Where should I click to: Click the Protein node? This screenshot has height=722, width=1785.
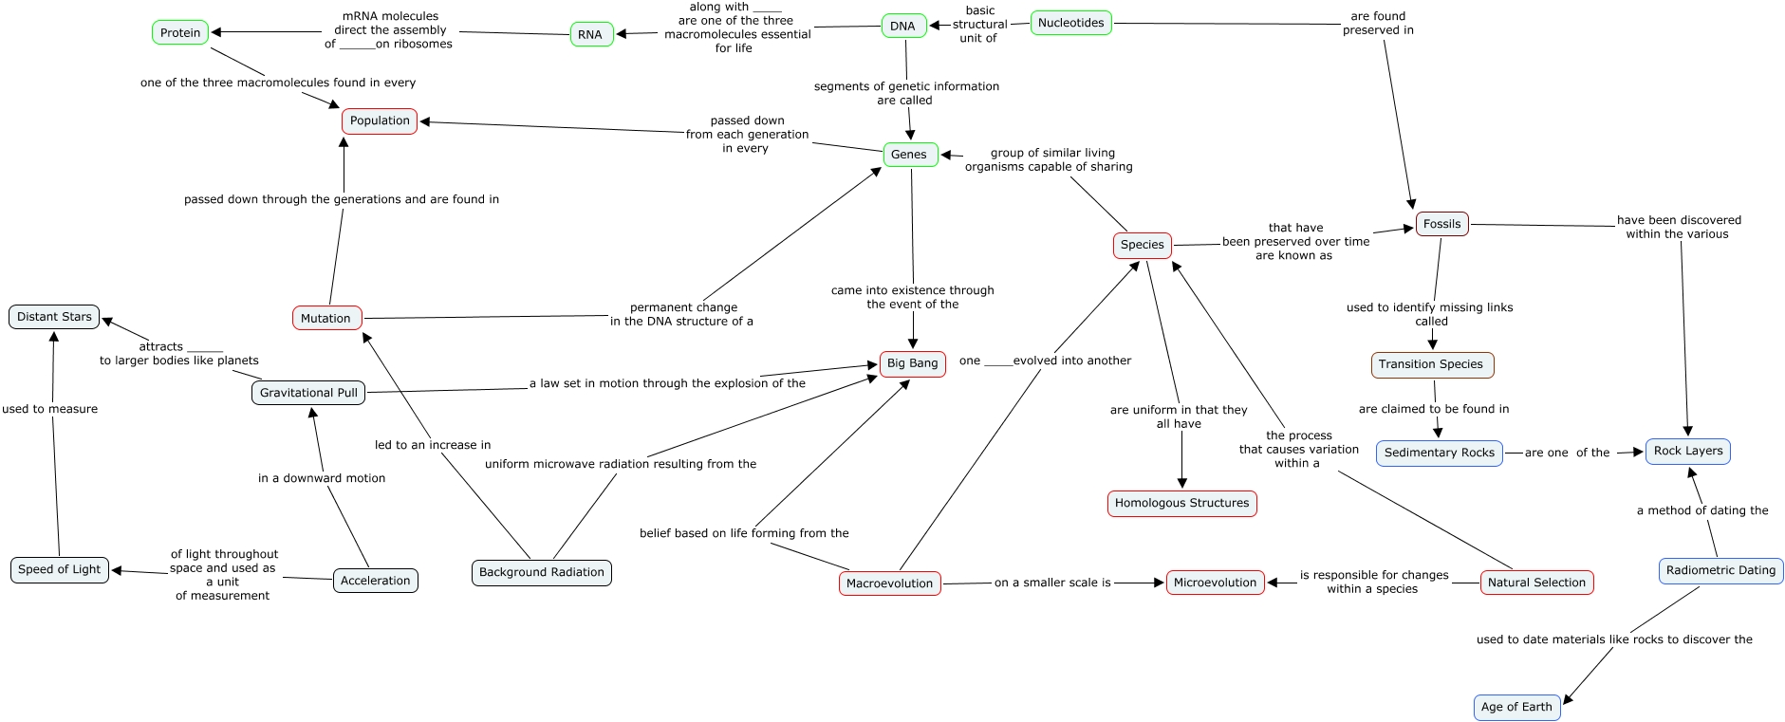(180, 32)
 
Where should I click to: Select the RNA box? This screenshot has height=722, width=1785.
(590, 34)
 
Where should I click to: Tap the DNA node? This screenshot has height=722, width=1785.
(902, 26)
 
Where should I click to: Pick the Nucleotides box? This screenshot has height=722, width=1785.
(1070, 23)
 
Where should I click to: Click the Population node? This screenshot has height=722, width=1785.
(380, 120)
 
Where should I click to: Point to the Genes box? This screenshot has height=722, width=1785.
(909, 154)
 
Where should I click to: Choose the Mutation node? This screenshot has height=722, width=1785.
(325, 318)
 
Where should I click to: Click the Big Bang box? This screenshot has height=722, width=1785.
(912, 363)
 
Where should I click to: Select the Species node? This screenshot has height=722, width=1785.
(1142, 245)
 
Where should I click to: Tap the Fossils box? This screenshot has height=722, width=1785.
(1441, 224)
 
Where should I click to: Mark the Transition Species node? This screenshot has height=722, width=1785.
(1431, 364)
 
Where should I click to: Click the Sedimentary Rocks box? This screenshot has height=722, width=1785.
(1439, 453)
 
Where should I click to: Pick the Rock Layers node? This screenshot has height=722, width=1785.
(1688, 451)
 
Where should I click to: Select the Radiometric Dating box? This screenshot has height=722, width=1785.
(1720, 570)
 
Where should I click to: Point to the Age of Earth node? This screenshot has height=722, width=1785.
(1516, 707)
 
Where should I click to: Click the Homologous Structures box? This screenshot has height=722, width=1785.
(1181, 503)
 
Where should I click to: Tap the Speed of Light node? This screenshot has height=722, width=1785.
(59, 569)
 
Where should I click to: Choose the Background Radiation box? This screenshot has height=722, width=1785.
(541, 572)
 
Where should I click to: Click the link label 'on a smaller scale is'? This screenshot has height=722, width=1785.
(1052, 583)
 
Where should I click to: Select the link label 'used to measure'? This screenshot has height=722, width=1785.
(49, 409)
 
